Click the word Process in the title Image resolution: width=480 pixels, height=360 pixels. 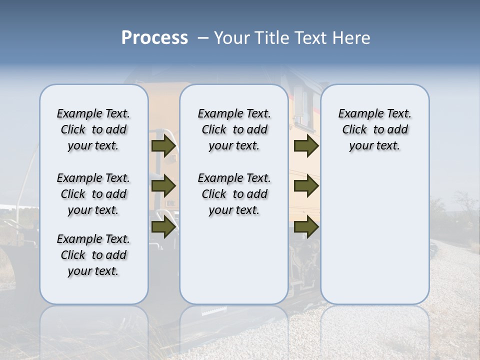154,38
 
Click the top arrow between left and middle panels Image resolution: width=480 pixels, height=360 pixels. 163,146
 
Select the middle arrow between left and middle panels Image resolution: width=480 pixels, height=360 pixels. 163,186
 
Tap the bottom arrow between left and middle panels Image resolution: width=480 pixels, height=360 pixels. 163,226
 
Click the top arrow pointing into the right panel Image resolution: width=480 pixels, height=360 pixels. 306,146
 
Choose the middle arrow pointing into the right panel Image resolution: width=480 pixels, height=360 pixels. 306,186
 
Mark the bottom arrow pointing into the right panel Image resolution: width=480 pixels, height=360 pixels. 306,226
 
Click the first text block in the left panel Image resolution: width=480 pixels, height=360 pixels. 93,129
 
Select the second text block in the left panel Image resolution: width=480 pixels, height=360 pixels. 93,194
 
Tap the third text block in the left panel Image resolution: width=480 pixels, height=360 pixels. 93,255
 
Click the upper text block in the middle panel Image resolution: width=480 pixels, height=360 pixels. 234,129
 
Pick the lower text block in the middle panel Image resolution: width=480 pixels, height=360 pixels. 234,194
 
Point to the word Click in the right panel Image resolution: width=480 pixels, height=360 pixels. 354,130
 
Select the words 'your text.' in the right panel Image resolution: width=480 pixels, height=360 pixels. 374,146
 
